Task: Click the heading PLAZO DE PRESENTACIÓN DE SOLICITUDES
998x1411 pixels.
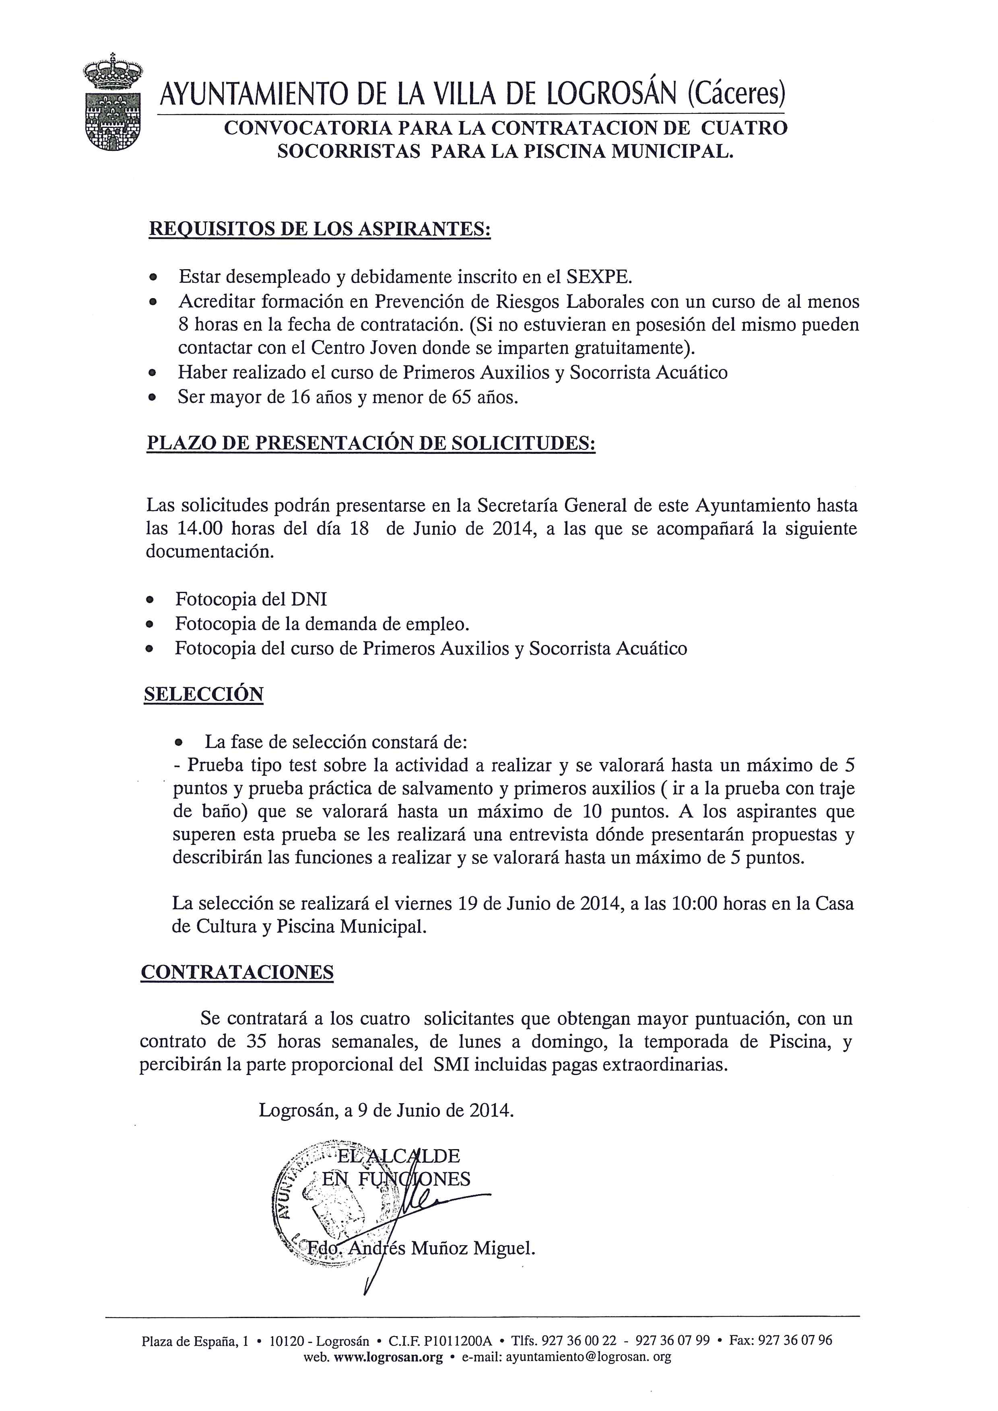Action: click(371, 443)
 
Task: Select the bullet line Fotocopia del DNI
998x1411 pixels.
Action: click(251, 599)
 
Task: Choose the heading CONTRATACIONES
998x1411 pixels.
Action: click(237, 972)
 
